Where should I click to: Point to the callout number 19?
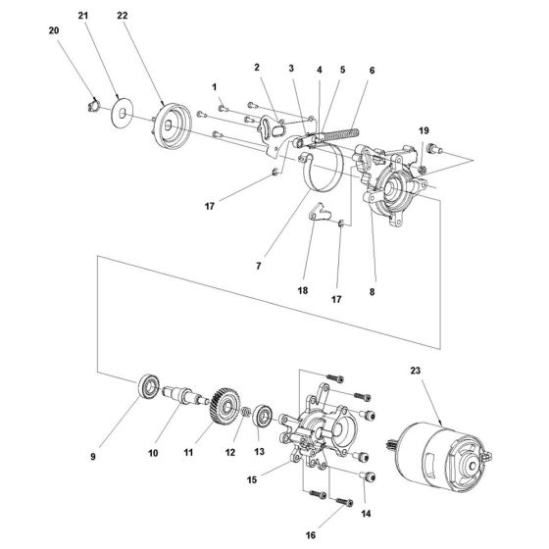(x=424, y=130)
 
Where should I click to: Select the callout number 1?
(x=213, y=86)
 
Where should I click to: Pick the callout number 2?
(x=255, y=68)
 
